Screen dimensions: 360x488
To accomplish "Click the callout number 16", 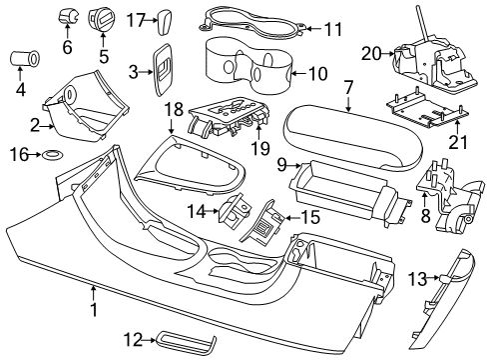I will (16, 155).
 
